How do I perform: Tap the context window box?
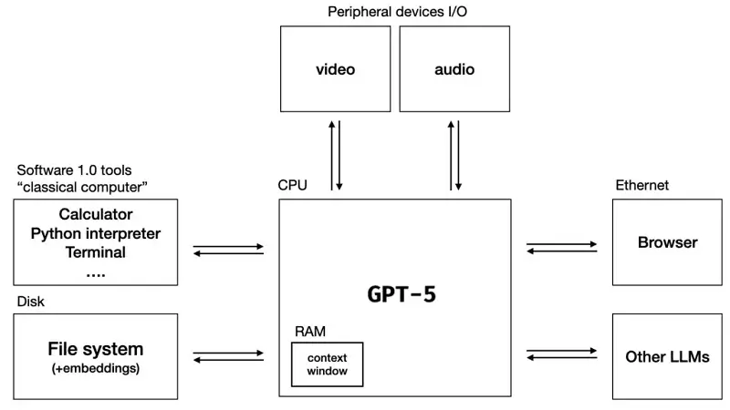point(327,364)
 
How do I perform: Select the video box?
point(335,69)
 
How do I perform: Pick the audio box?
point(454,69)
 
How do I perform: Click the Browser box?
point(667,242)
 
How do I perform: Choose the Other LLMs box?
point(667,356)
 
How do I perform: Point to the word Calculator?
point(96,215)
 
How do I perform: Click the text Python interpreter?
point(96,233)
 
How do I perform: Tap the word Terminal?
point(96,252)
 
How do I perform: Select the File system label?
point(96,348)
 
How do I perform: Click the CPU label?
point(292,185)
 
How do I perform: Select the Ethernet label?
point(642,185)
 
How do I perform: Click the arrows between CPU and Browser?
point(562,248)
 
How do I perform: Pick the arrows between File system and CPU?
point(228,356)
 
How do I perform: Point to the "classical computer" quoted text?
point(82,187)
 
